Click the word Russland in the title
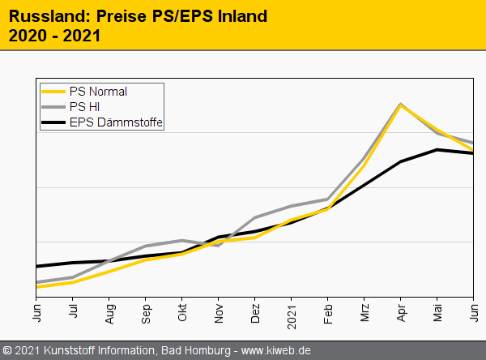coord(43,16)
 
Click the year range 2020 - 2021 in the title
coord(54,36)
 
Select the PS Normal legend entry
coord(97,92)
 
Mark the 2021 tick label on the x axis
coord(292,313)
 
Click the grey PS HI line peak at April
coord(401,105)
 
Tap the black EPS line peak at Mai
coord(437,150)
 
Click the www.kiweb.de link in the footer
coord(276,351)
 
